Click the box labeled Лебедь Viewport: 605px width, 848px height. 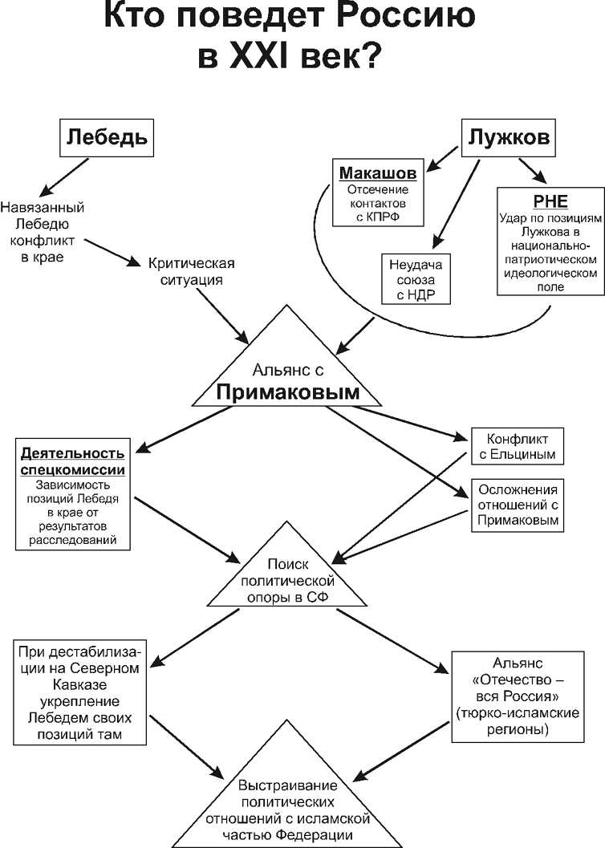click(107, 138)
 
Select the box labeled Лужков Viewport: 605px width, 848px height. click(508, 138)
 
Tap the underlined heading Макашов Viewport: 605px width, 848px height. click(378, 173)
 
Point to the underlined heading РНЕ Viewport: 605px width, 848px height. click(550, 201)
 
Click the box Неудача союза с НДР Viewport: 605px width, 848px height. click(416, 280)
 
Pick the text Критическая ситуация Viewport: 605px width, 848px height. click(192, 271)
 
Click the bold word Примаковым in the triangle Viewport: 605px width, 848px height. click(287, 392)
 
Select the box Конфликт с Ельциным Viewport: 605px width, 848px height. click(518, 446)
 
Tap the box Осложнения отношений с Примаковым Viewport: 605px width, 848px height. click(518, 505)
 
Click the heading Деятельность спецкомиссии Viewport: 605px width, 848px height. click(73, 461)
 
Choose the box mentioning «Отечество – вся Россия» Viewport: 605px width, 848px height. click(518, 696)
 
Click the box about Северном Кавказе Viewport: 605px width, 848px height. click(79, 693)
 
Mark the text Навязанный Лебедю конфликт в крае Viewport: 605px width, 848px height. click(43, 232)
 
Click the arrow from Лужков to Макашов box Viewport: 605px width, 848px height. click(441, 158)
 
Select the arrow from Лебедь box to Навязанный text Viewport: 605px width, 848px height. click(64, 176)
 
